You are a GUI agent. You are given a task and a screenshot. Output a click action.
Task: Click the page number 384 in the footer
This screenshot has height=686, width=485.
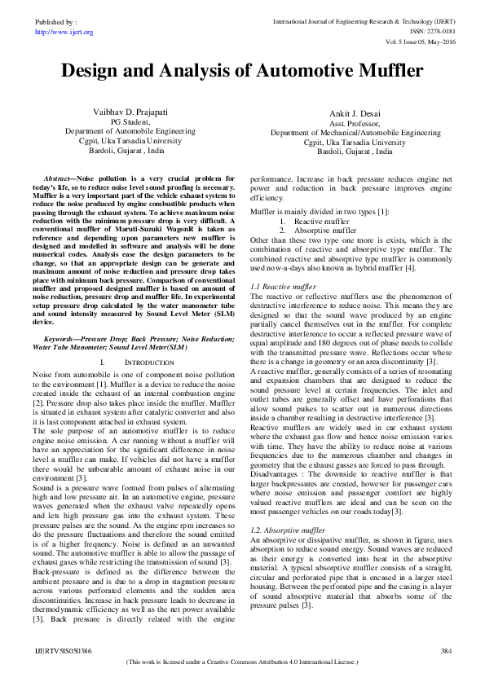tap(446, 652)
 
